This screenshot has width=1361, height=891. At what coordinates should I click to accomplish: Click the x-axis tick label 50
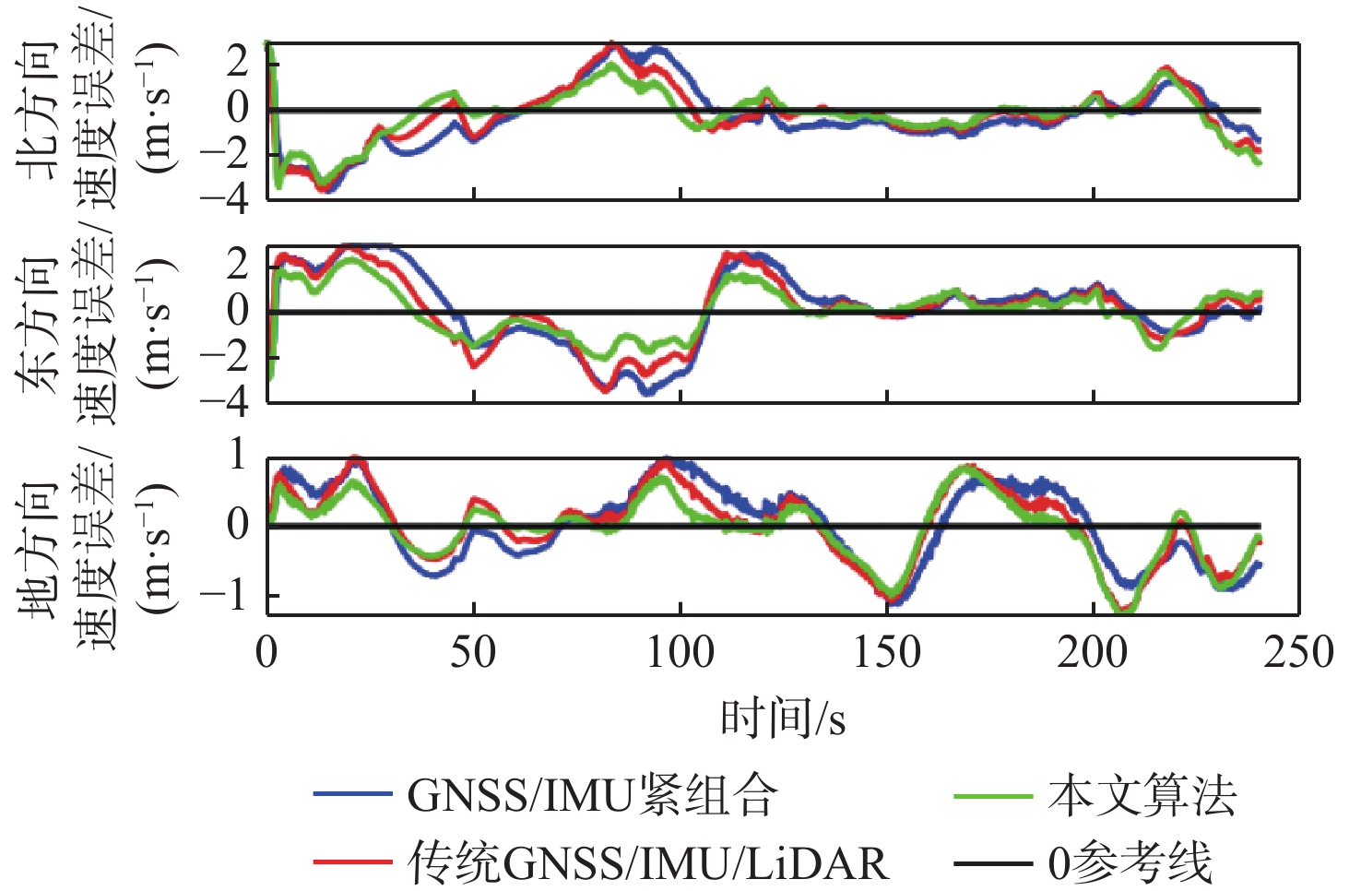(x=473, y=652)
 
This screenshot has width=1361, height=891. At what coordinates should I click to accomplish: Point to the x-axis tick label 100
(x=680, y=652)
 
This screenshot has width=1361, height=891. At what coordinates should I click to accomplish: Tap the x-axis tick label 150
(x=886, y=652)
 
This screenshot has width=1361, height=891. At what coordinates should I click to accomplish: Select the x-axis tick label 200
(x=1093, y=652)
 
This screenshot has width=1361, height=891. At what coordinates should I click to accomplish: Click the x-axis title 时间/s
(x=783, y=718)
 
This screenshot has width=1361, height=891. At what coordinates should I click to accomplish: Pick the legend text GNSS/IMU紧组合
(x=593, y=795)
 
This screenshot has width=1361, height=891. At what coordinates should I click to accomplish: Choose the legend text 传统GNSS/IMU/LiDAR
(x=649, y=863)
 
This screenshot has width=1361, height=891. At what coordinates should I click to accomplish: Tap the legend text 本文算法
(x=1142, y=795)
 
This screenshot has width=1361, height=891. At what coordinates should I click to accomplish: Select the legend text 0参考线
(x=1130, y=863)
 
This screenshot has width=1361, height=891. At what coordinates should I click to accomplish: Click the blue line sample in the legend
(x=353, y=794)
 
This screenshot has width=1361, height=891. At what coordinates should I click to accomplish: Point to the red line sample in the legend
(x=353, y=862)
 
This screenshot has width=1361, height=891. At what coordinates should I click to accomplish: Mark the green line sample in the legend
(x=992, y=794)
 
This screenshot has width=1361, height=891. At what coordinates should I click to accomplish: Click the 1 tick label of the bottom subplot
(x=237, y=454)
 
